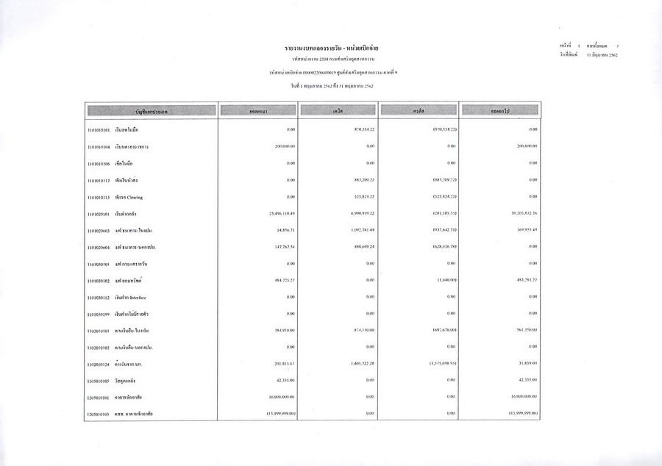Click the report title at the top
[x=331, y=47]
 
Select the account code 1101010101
[x=98, y=129]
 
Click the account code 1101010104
[x=98, y=146]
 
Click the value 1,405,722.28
[x=360, y=364]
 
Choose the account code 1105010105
[x=98, y=381]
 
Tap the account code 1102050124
[x=98, y=364]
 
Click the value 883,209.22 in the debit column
[x=360, y=180]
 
